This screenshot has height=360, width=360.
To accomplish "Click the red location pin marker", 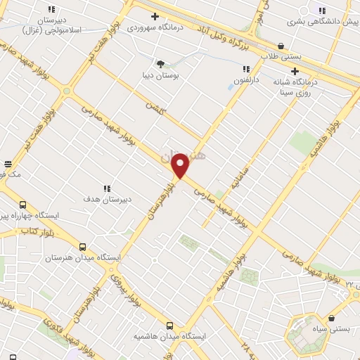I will [x=181, y=165].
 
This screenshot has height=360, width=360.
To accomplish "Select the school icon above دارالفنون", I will [x=246, y=69].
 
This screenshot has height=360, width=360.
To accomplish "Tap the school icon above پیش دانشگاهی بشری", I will [x=322, y=11].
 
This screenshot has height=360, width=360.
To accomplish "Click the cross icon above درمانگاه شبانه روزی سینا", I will [x=295, y=71].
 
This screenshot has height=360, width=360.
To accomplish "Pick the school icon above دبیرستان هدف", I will [x=107, y=188].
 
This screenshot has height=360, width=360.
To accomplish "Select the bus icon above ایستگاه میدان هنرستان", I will [x=83, y=247].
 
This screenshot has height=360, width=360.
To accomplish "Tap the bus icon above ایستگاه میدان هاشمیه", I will [x=169, y=326].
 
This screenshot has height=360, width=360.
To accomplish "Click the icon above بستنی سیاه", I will [x=330, y=319].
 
